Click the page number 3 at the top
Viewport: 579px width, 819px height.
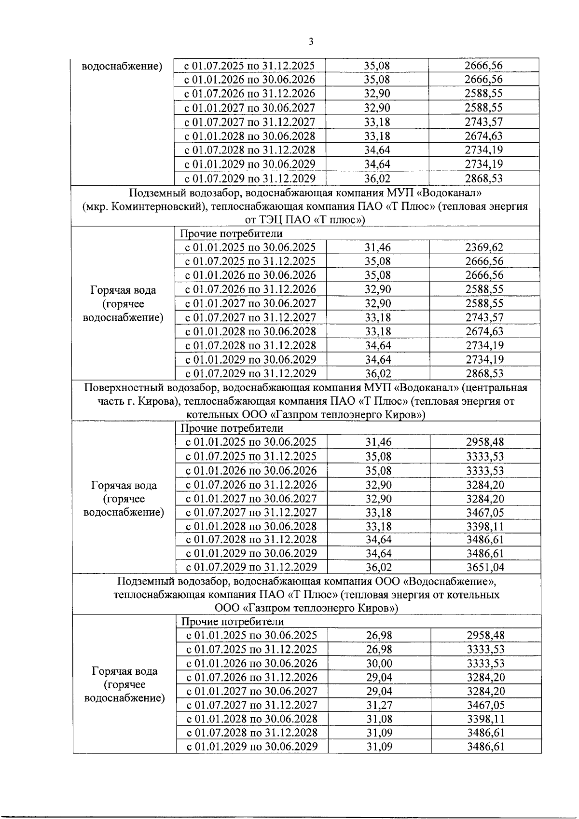pos(310,42)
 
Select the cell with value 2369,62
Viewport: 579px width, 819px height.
pos(484,247)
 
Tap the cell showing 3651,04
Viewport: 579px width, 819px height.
pos(485,567)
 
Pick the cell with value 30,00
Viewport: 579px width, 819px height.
pos(379,663)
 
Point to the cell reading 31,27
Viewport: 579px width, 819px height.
pos(379,705)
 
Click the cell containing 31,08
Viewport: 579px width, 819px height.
pos(379,719)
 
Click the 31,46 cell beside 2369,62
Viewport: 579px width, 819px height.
pos(378,247)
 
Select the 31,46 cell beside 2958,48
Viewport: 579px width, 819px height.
pos(378,442)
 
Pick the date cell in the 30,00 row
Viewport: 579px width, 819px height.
pos(252,663)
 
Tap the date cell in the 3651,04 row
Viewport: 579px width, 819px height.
pos(251,567)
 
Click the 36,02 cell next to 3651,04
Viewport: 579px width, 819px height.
pos(378,567)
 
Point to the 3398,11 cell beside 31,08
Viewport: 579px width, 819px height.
pos(485,719)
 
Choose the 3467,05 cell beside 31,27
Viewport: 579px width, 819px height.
pos(485,705)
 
